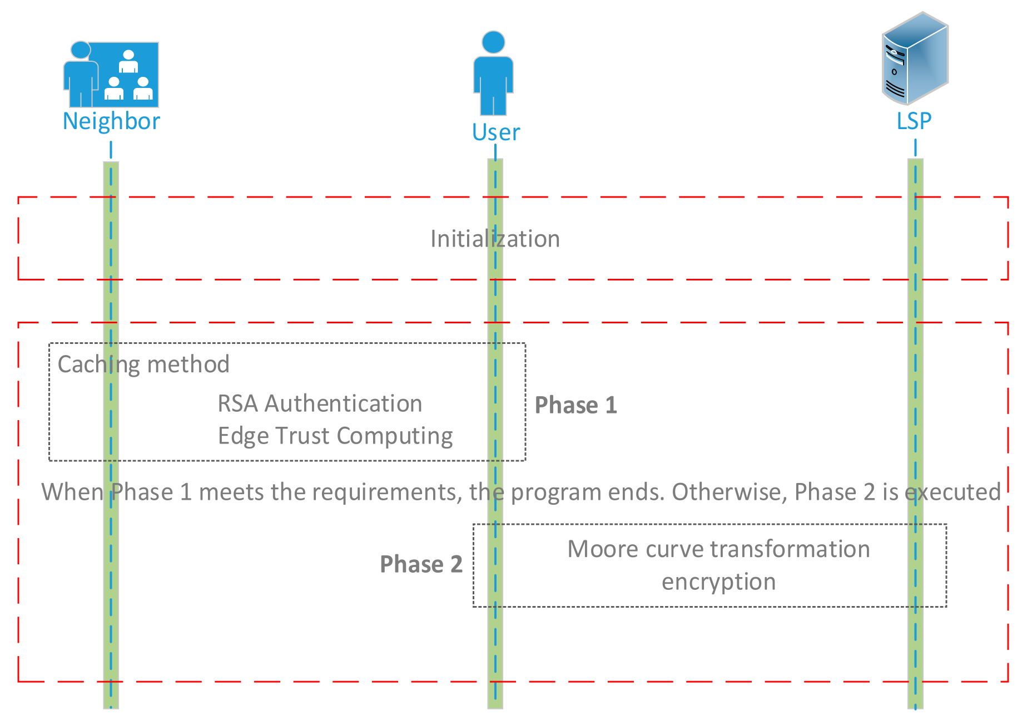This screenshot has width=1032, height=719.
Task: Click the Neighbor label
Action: [111, 121]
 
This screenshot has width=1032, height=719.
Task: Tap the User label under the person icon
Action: [495, 132]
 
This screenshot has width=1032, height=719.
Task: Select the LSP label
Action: [914, 121]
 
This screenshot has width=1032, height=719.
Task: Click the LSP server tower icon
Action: [915, 58]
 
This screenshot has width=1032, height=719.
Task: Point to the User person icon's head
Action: [493, 42]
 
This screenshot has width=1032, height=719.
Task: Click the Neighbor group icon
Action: [111, 75]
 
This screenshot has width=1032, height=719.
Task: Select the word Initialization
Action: [495, 239]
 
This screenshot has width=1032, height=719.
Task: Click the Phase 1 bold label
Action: [575, 405]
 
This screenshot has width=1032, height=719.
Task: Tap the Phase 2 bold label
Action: [421, 564]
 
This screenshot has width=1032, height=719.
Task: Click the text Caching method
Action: [143, 365]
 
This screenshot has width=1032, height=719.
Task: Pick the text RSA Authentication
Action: [320, 403]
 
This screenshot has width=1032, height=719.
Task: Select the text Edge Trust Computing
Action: [335, 436]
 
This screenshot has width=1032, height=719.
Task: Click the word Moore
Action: [603, 549]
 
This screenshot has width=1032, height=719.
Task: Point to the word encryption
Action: [718, 582]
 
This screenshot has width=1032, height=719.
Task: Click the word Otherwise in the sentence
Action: [729, 492]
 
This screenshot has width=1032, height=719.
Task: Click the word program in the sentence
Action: [555, 493]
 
